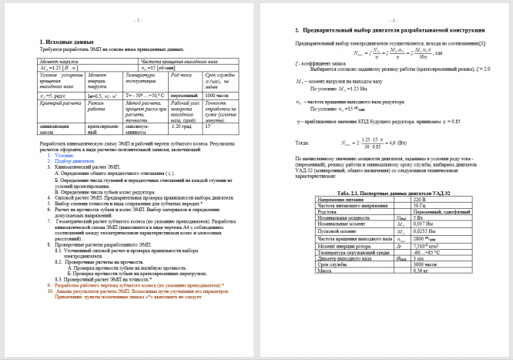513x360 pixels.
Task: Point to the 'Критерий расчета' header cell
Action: click(58, 103)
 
